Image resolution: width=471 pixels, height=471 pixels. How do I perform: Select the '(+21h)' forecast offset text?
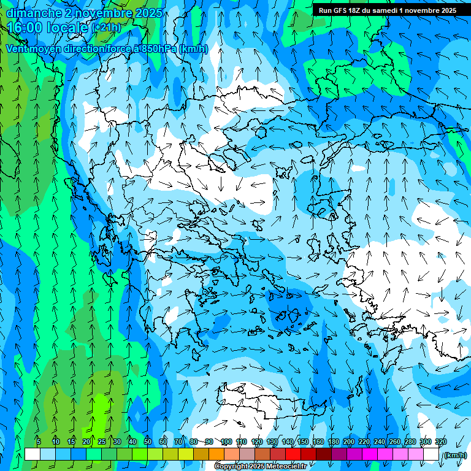[106, 28]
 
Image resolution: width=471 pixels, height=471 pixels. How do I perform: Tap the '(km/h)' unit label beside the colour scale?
[454, 454]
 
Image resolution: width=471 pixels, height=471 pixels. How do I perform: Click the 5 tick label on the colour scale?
[39, 442]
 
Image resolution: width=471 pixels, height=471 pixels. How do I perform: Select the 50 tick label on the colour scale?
[148, 442]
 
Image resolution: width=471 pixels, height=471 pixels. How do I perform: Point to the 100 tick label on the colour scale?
[226, 442]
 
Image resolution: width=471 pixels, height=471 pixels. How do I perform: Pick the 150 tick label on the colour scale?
[303, 442]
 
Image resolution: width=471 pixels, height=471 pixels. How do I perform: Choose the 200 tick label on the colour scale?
[349, 442]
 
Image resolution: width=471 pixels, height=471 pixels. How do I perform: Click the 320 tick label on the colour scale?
[441, 442]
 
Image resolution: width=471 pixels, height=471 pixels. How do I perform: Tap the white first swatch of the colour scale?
[33, 454]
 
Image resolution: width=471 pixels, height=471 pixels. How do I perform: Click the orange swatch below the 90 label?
[216, 454]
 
